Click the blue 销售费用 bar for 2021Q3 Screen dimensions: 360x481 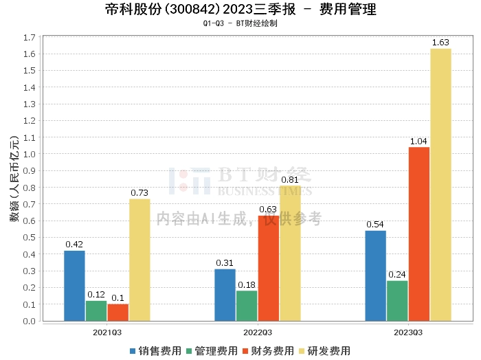74,286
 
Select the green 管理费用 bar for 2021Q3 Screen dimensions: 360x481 96,311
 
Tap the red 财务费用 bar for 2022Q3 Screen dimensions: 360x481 269,268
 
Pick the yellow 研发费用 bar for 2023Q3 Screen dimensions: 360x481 440,185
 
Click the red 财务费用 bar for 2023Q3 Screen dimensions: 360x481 419,234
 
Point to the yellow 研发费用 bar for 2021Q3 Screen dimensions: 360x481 139,260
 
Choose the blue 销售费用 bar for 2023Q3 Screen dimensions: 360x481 376,275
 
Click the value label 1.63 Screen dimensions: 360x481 440,43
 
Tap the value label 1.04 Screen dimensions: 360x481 419,142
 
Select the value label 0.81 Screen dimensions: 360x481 290,180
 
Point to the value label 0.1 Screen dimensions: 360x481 118,298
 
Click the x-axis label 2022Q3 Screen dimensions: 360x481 258,332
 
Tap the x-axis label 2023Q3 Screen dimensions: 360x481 408,332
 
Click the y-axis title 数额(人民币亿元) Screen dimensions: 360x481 14,179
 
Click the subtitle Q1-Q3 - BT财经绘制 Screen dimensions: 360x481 240,23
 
